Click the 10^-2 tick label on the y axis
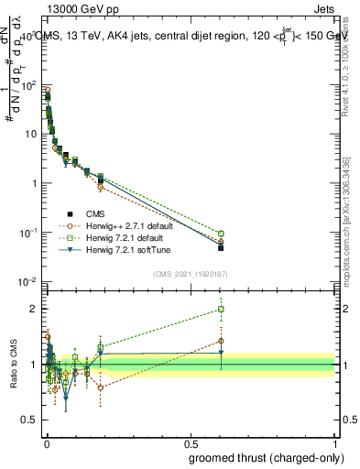(28, 281)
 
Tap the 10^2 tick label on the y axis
(28, 85)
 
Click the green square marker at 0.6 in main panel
(221, 234)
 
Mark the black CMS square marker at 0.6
(221, 247)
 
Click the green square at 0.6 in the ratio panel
(221, 309)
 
